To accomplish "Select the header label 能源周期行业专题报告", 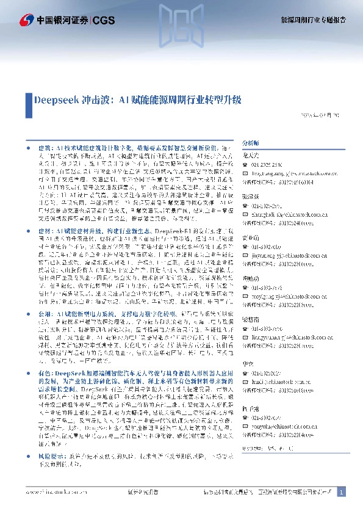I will click(x=312, y=20).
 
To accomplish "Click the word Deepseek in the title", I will click(x=54, y=99).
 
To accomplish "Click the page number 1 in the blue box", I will click(x=341, y=492).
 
